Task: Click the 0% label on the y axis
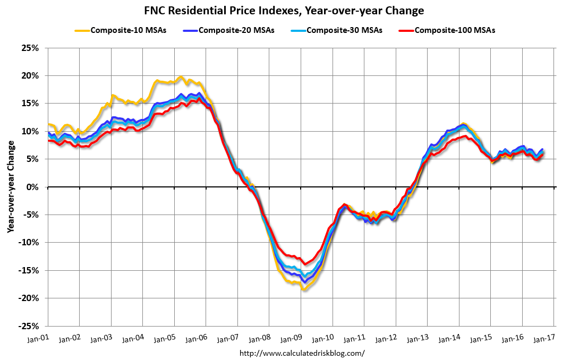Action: pos(34,187)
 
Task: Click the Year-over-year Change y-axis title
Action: pos(10,187)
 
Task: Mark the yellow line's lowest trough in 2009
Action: pos(304,290)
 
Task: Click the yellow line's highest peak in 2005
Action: pos(181,78)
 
